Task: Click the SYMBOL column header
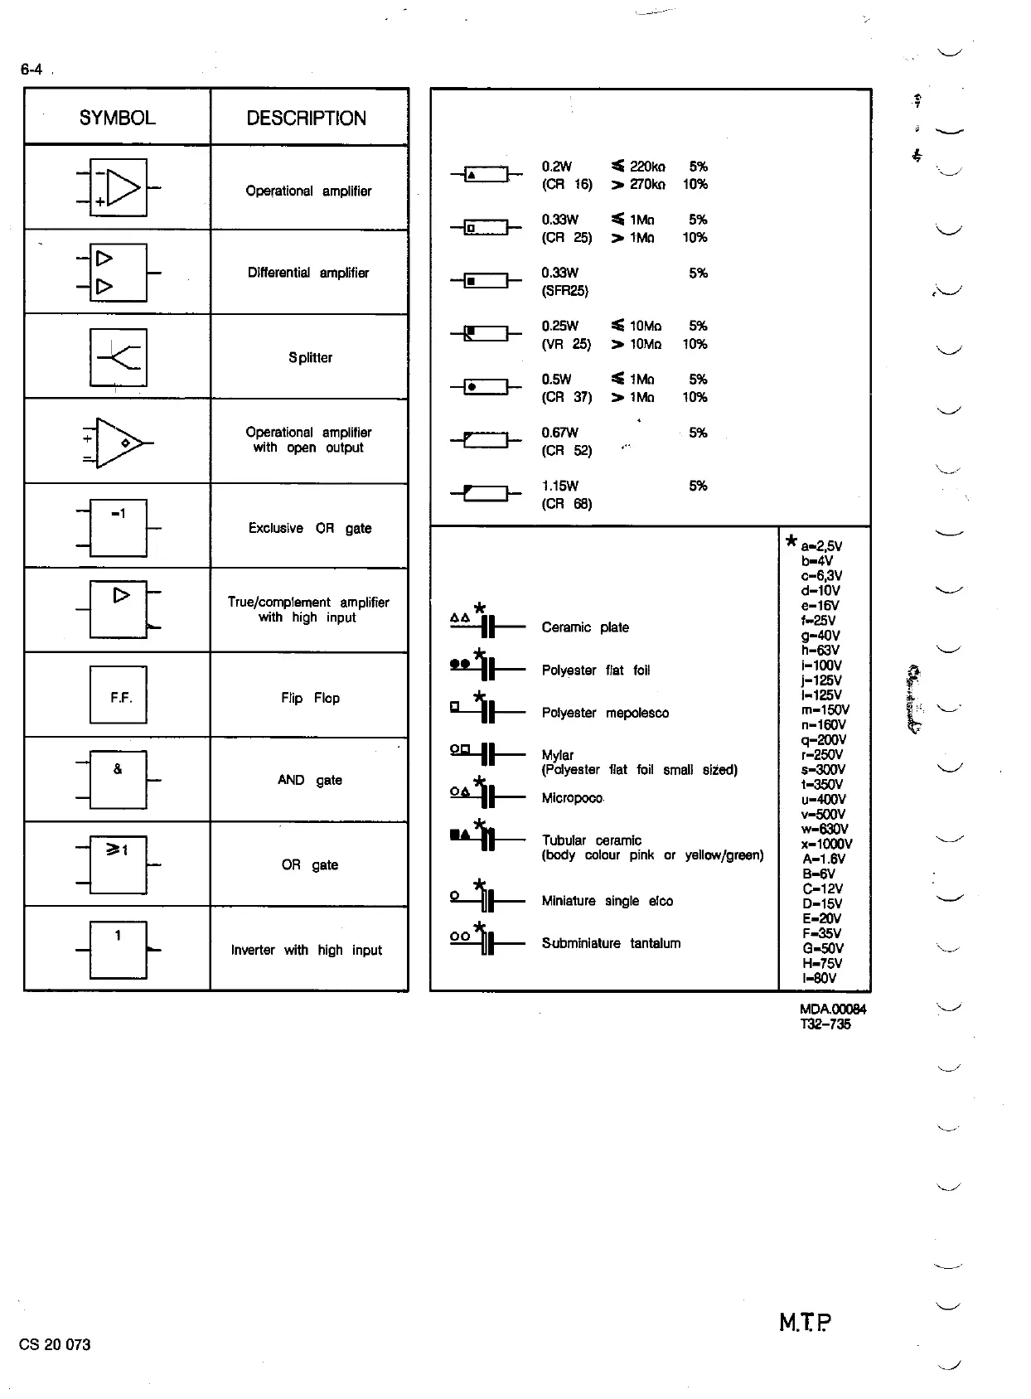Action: coord(117,118)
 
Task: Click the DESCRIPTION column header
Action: coord(306,118)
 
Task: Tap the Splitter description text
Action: coord(310,357)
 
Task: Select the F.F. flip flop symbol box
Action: coord(119,695)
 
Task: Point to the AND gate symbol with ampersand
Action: coord(119,779)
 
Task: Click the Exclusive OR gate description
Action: coord(310,528)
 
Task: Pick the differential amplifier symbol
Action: coord(119,272)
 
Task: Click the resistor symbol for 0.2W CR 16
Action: coord(486,174)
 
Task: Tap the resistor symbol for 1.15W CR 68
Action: coord(486,494)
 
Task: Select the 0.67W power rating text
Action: coord(559,433)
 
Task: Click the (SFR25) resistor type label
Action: coord(564,291)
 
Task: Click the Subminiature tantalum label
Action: coord(611,943)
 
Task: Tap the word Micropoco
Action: coord(572,797)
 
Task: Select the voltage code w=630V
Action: coord(825,829)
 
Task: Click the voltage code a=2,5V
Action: coord(821,545)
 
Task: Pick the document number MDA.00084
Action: coord(832,1009)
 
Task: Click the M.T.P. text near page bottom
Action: coord(805,1322)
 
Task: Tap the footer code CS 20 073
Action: coord(55,1344)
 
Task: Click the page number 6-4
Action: coord(31,70)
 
